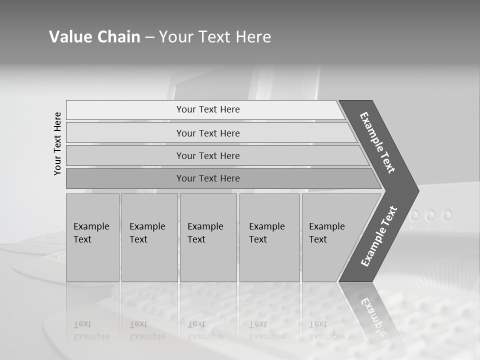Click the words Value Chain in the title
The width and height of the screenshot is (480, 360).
tap(94, 37)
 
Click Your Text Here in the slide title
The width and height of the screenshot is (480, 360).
tap(215, 37)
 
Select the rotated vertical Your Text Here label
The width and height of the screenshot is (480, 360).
tap(57, 143)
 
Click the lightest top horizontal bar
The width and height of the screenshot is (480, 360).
tap(207, 109)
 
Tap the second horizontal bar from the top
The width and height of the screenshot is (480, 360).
tap(207, 133)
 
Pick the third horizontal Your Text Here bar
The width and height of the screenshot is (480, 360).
tap(207, 155)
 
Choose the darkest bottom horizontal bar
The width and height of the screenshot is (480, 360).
tap(207, 178)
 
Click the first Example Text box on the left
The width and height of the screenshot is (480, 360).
tap(92, 237)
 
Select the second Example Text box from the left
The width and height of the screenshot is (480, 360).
tap(149, 237)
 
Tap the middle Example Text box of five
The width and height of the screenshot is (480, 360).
tap(208, 237)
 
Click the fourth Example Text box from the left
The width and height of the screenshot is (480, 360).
tap(269, 237)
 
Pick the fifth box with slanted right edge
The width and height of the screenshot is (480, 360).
tap(330, 237)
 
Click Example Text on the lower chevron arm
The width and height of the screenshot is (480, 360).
tap(378, 236)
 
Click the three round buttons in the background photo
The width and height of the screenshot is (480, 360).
tap(431, 215)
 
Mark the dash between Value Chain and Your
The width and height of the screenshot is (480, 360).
tap(149, 37)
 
